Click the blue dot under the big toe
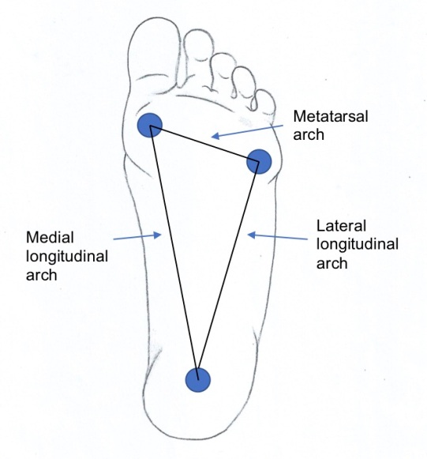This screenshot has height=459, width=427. pos(150,125)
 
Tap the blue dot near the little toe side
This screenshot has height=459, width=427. pos(259,162)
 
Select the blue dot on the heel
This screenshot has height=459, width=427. pos(198,380)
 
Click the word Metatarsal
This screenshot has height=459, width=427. pos(331,116)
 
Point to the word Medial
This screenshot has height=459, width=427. pos(50,237)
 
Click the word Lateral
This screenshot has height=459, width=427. pos(341,226)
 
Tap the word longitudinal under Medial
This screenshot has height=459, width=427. pos(67,257)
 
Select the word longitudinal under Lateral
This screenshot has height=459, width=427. pos(358,245)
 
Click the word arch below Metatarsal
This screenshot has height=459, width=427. pos(309,135)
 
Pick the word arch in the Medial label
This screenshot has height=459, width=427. pos(42,275)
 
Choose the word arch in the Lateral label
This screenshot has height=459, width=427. pos(332,263)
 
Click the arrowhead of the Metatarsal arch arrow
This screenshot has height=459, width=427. pos(215,136)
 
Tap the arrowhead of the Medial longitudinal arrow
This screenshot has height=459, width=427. pos(158,235)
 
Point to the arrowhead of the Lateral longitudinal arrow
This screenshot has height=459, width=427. pos(251,235)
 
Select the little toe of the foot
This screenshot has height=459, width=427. pos(264,104)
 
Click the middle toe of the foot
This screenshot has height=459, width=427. pos(223,70)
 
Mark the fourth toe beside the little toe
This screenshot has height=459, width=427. pos(244,82)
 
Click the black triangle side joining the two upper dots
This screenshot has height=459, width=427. pos(204,144)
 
